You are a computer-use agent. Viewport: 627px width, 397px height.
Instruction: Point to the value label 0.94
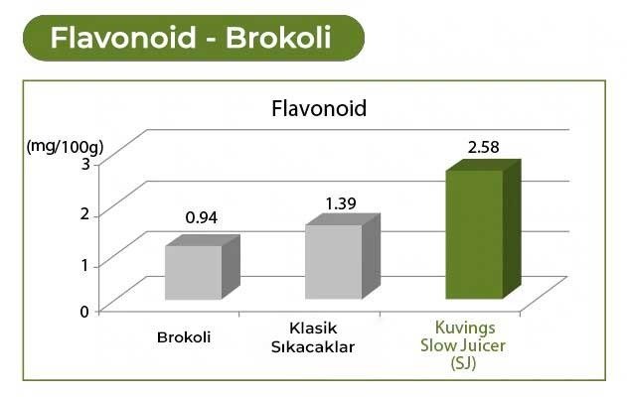(203, 218)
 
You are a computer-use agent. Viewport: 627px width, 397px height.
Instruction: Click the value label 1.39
(342, 203)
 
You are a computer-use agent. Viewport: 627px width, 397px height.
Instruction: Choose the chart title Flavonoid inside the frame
(319, 108)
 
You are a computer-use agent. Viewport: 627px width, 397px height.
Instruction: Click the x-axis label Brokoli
(184, 336)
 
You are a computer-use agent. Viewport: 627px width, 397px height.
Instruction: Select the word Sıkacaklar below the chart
(313, 346)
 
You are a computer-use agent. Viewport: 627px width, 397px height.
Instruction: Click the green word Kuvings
(465, 328)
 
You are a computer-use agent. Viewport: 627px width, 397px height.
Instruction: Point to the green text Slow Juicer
(465, 344)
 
